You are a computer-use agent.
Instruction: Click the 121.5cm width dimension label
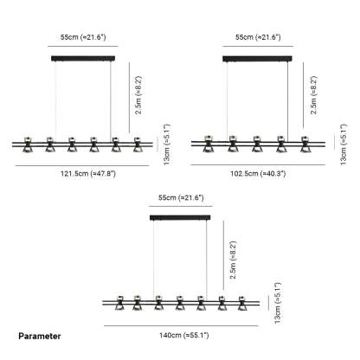[88, 174]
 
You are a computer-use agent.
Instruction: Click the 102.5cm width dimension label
[258, 174]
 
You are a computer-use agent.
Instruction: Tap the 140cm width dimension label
[183, 335]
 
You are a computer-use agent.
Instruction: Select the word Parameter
[40, 336]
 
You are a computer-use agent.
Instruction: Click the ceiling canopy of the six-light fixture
[83, 58]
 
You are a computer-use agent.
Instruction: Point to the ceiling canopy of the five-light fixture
[257, 59]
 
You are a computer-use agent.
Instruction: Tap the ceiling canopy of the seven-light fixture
[180, 217]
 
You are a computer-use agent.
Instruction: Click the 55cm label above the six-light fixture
[83, 37]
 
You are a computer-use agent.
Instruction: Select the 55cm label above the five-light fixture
[258, 37]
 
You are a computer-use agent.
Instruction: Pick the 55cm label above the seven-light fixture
[181, 197]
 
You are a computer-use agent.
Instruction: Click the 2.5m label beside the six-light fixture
[138, 95]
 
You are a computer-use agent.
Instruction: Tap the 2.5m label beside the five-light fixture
[313, 95]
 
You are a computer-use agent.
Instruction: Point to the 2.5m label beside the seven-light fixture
[233, 260]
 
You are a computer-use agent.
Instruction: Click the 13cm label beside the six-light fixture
[166, 145]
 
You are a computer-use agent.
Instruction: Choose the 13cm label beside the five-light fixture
[343, 145]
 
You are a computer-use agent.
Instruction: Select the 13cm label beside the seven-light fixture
[278, 303]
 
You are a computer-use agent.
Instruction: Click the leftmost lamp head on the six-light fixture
[28, 145]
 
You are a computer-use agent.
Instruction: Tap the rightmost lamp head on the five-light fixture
[305, 144]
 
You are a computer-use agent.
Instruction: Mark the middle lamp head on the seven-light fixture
[179, 303]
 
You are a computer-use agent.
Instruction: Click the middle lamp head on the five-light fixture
[257, 144]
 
